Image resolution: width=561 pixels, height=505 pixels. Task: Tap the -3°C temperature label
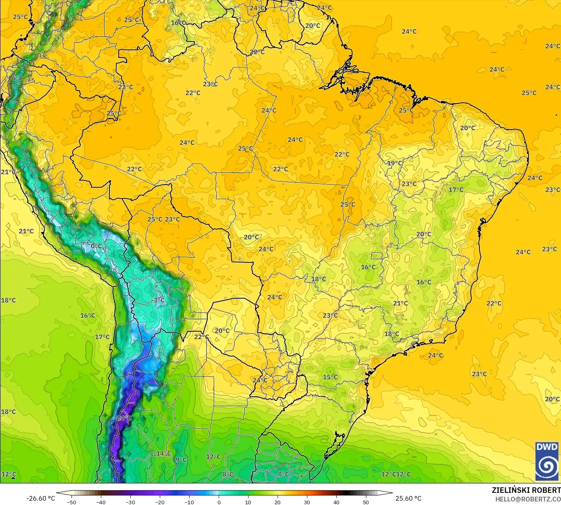point(158,300)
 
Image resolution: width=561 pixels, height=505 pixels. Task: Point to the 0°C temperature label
point(96,246)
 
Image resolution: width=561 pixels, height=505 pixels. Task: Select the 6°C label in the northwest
point(17,78)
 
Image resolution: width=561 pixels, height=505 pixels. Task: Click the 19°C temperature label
point(395,163)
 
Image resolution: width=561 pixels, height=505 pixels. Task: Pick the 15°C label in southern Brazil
point(330,377)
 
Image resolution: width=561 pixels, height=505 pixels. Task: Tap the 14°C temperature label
point(164,453)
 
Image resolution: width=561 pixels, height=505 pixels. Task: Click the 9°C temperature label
point(181,459)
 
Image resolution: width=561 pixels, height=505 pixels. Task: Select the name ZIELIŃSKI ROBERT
point(526,490)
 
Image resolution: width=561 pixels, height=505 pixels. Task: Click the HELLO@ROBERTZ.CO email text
point(528,499)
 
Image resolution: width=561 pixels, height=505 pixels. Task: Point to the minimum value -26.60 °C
point(40,498)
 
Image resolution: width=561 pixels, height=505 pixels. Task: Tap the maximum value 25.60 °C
point(408,498)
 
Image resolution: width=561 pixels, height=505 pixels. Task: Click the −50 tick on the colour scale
point(71,502)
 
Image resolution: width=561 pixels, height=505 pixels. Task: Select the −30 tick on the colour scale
point(130,502)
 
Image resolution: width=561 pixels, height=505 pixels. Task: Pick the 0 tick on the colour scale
point(219,502)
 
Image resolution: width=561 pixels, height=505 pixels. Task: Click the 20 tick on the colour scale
point(278,502)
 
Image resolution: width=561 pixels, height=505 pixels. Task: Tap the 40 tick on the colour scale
point(336,502)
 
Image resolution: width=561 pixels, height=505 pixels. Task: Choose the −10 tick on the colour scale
point(189,502)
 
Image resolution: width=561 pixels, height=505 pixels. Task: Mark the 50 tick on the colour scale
point(366,502)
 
